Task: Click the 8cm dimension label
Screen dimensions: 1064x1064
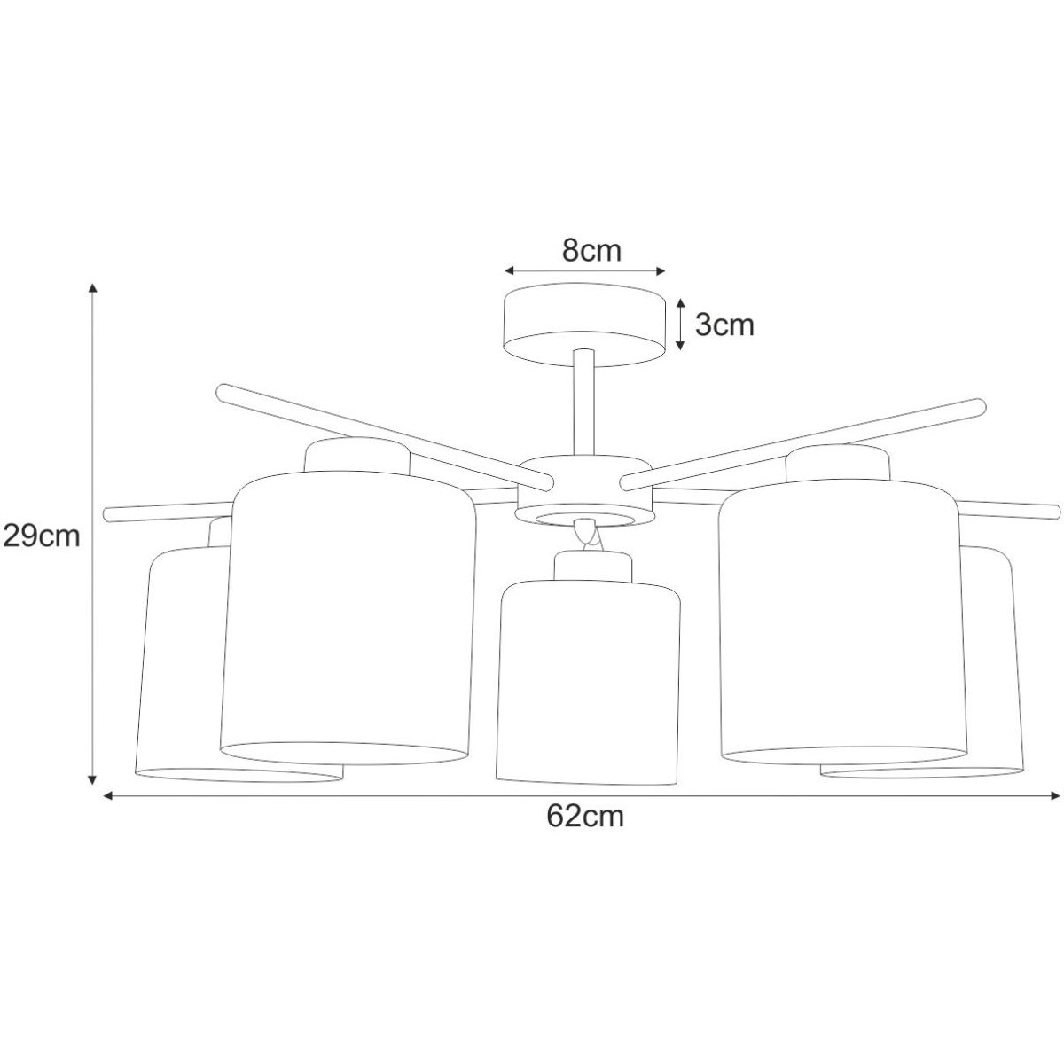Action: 591,251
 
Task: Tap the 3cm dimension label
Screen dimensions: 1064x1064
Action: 724,325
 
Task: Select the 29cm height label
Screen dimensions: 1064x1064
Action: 42,536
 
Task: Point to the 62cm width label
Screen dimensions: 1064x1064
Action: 585,816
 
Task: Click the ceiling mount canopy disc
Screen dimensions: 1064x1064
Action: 586,325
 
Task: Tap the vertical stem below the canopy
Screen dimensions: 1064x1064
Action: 583,404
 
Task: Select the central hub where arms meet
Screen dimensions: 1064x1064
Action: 584,491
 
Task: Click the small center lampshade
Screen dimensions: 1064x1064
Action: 589,683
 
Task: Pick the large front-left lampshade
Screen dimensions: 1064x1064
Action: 348,617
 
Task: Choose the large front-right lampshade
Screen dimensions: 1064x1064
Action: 844,622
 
